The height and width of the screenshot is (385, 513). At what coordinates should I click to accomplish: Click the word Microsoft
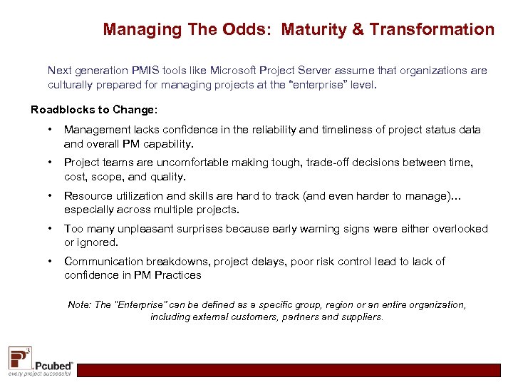click(x=232, y=71)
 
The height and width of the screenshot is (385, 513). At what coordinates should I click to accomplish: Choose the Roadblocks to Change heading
click(x=94, y=110)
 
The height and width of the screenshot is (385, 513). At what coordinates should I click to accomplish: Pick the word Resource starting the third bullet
click(x=88, y=196)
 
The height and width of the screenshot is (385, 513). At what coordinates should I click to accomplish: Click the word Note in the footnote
click(x=79, y=304)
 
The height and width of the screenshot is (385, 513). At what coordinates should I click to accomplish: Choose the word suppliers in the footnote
click(x=362, y=317)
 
